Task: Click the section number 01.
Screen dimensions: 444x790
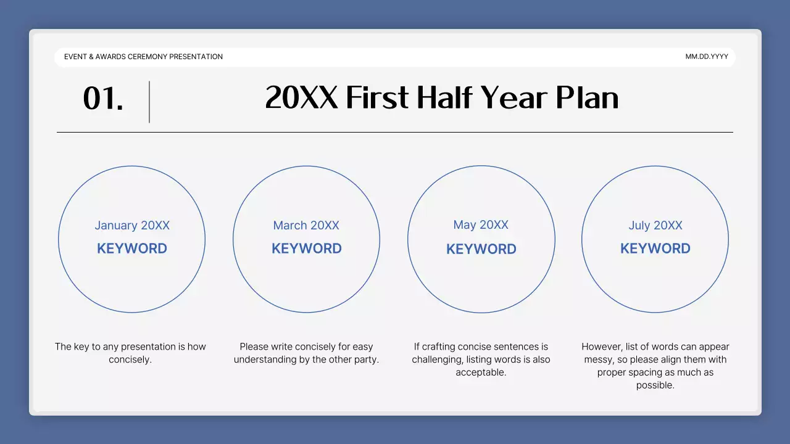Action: point(103,99)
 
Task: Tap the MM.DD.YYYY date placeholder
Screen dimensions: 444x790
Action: point(707,57)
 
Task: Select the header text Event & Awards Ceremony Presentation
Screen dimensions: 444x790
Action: point(143,57)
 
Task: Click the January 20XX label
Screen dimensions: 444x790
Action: point(132,226)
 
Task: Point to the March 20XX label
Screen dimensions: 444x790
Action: point(306,226)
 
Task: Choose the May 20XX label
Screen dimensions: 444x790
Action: point(481,225)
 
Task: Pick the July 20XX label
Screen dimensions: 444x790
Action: point(655,226)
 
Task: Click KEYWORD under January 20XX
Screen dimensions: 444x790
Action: point(132,249)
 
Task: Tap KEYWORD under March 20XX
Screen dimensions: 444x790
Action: point(307,249)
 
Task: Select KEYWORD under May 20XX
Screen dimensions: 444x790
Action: point(481,249)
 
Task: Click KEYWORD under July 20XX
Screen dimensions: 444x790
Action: point(655,249)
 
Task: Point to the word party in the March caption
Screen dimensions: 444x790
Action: point(364,360)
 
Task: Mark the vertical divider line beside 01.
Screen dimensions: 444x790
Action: point(149,102)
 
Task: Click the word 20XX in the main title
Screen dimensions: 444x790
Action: point(302,98)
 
